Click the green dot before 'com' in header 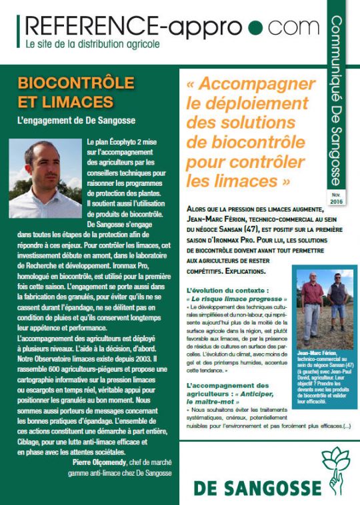click(x=255, y=29)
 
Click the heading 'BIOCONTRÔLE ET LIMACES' click(x=65, y=94)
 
